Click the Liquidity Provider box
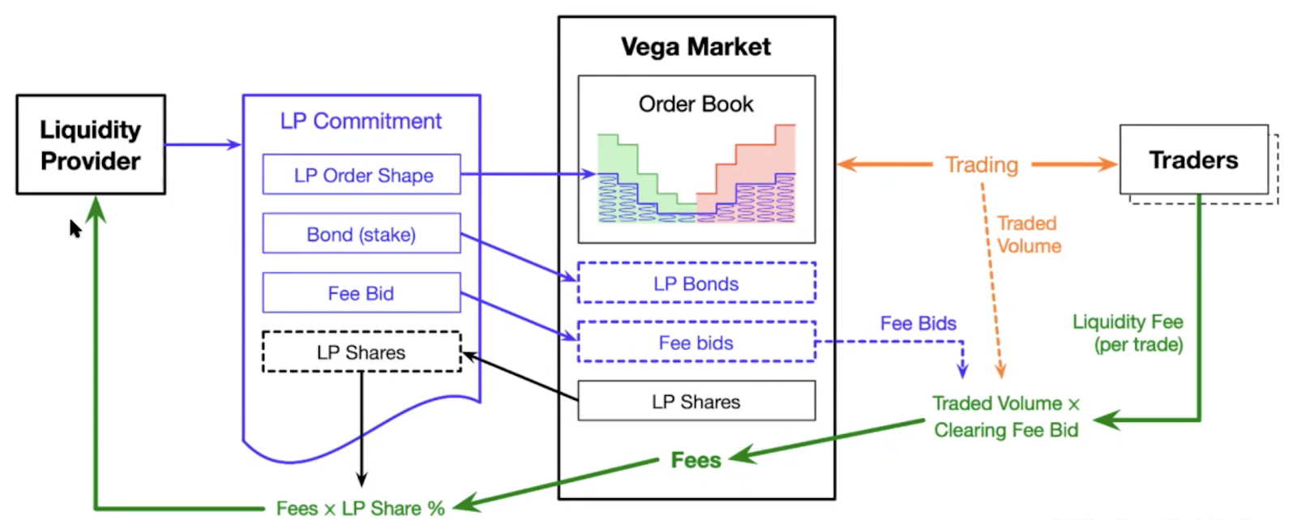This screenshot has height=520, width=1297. (91, 145)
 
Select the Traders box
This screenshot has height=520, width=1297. (1193, 160)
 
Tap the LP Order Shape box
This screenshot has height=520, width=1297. (362, 175)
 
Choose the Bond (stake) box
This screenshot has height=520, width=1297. (362, 234)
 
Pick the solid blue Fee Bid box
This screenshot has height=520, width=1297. (362, 293)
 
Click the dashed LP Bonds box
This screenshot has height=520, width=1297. (696, 283)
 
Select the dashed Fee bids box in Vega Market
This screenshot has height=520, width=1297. (696, 343)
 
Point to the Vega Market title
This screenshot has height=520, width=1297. (696, 47)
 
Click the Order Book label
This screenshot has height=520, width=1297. (696, 104)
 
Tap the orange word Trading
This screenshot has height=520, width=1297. (982, 164)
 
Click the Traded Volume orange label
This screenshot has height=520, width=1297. (1028, 235)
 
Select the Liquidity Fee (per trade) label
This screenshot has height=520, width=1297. (1128, 333)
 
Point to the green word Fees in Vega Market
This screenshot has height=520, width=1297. (696, 460)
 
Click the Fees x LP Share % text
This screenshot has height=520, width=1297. (361, 509)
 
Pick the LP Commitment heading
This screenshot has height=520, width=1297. (361, 121)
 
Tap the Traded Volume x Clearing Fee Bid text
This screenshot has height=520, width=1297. (1006, 416)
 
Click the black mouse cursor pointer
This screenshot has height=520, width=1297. (75, 228)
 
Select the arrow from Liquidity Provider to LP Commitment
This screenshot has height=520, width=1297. (203, 145)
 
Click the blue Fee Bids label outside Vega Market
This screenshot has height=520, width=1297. (918, 324)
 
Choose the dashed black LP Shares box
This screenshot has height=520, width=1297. (362, 352)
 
